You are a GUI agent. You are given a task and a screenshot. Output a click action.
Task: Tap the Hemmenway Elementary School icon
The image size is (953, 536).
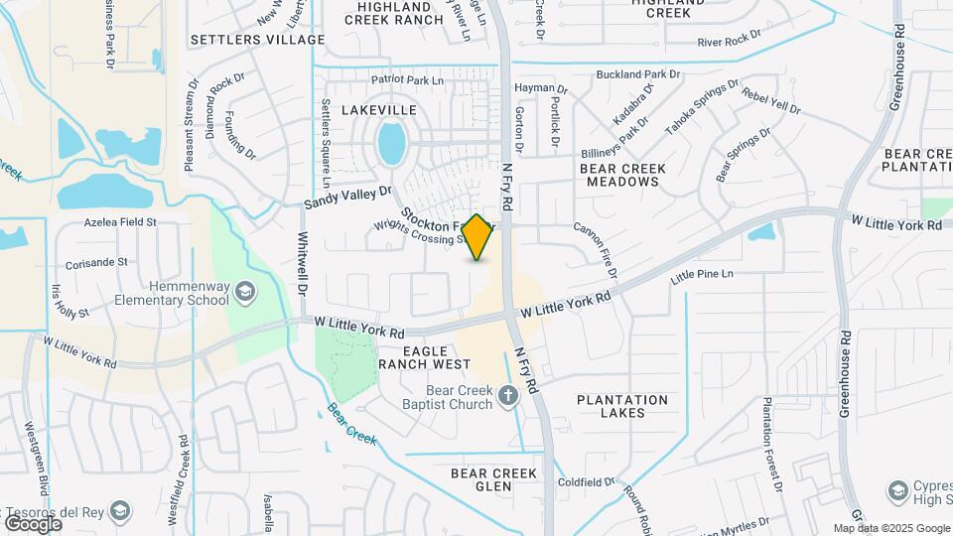coord(244,291)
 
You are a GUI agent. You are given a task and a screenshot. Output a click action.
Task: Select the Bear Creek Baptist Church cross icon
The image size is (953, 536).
coord(508,397)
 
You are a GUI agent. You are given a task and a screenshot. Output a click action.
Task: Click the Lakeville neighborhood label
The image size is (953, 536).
coord(379,110)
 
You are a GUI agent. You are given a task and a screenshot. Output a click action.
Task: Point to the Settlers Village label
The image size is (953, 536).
coord(257,40)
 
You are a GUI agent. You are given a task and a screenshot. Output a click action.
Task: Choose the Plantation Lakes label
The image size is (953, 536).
coord(622,406)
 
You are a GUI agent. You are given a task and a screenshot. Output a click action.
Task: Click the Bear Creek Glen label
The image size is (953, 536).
coord(494,479)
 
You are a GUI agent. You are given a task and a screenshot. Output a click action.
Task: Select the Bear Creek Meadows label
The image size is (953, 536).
coord(622,175)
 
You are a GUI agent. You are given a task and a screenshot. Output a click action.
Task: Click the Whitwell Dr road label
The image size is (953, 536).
coord(302,264)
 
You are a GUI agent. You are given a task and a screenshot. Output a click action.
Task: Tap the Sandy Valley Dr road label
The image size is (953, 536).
coord(348,197)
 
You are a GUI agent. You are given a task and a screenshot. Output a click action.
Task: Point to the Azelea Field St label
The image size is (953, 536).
coord(120,222)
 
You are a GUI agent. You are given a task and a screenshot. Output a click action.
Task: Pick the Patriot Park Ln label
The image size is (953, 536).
coord(407,79)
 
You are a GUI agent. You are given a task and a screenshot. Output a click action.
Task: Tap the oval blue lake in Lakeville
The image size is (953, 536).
coord(391,143)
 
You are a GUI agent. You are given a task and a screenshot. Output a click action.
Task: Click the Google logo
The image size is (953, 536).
coord(34,523)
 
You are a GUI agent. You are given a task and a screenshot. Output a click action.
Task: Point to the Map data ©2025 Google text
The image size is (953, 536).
coord(889,529)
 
